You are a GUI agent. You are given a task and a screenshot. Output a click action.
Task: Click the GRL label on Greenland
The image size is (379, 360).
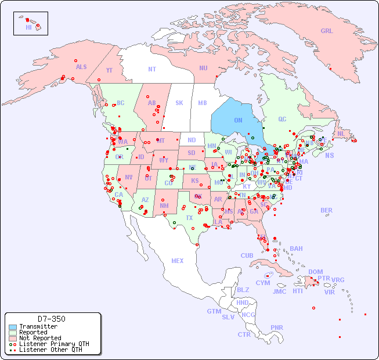click(327, 31)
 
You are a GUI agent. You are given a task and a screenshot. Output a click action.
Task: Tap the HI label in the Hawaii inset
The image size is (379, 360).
click(28, 27)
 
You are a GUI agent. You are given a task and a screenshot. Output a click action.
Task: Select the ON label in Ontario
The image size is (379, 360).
click(238, 121)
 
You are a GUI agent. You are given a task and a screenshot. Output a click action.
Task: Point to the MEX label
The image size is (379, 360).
click(178, 261)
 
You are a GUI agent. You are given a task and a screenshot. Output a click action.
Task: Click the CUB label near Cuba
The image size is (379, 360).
click(247, 255)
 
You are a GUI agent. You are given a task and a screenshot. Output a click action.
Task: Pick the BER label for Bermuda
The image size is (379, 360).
click(327, 210)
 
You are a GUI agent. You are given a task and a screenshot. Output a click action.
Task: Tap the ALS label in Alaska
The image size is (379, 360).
click(81, 67)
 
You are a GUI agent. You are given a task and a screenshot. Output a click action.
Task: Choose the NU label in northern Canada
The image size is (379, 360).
click(203, 68)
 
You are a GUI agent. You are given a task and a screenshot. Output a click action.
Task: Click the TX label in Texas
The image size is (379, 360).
click(189, 218)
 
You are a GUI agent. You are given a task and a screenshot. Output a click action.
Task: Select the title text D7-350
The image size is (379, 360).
click(52, 319)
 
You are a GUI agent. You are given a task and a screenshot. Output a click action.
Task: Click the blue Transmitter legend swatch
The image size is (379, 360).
click(13, 327)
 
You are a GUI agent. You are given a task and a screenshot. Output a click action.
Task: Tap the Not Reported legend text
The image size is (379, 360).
click(40, 338)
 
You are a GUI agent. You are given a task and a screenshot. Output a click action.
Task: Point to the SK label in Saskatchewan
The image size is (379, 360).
click(179, 103)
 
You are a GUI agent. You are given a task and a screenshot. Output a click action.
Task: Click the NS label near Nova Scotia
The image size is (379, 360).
click(330, 155)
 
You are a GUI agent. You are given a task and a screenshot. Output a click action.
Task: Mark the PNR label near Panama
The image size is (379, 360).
click(277, 327)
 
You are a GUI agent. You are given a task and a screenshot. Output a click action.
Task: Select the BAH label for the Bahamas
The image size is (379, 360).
click(296, 249)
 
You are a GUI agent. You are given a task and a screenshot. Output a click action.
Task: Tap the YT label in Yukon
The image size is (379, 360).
click(109, 70)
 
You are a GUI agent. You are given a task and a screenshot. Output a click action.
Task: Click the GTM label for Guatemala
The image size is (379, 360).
click(214, 311)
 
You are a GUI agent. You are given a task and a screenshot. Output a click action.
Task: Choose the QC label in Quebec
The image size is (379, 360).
click(282, 120)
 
